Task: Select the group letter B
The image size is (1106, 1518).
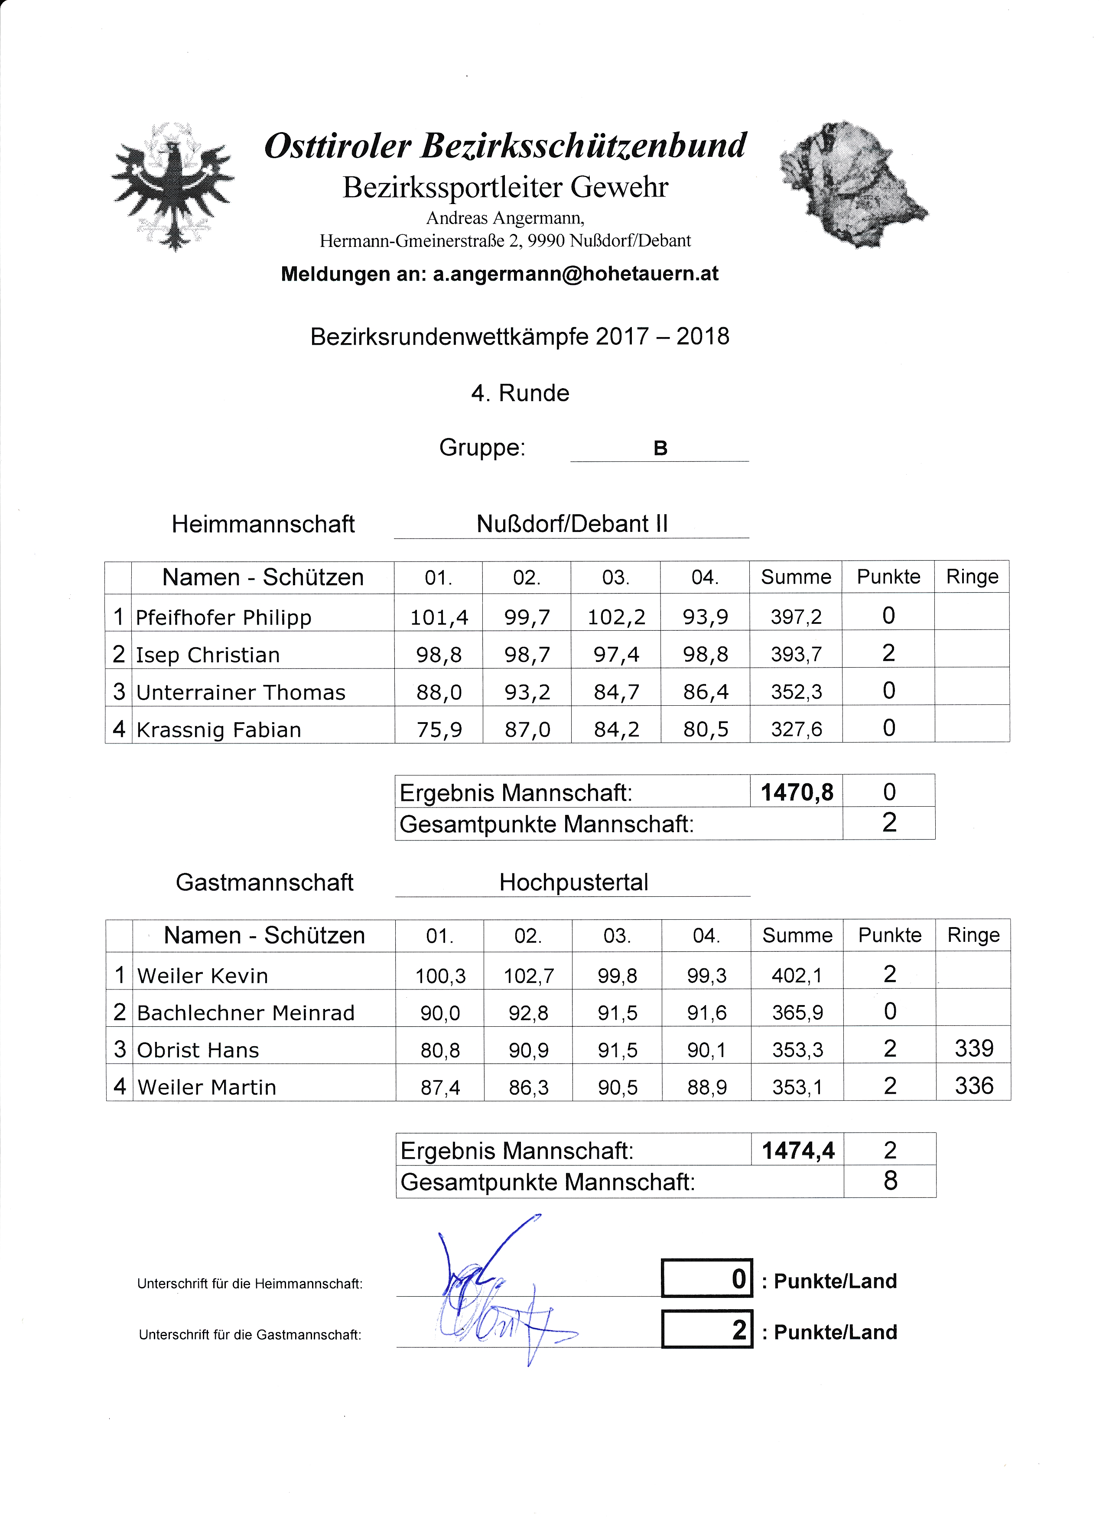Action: coord(660,448)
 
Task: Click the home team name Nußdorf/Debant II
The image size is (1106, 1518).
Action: coord(572,524)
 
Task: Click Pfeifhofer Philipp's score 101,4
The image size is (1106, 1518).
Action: coord(439,617)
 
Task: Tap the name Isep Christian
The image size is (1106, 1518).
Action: coord(208,655)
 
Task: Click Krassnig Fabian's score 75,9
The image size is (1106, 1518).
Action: coord(439,730)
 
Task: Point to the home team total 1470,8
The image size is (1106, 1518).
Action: coord(797,792)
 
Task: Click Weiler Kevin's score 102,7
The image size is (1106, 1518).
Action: coord(529,976)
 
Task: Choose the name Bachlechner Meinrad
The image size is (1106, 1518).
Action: coord(246,1013)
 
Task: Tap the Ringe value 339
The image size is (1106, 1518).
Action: coord(973,1048)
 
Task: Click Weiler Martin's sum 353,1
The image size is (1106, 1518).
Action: coord(797,1087)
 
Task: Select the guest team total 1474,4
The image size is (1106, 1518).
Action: coord(798,1151)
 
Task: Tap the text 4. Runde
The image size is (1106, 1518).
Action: coord(520,393)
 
